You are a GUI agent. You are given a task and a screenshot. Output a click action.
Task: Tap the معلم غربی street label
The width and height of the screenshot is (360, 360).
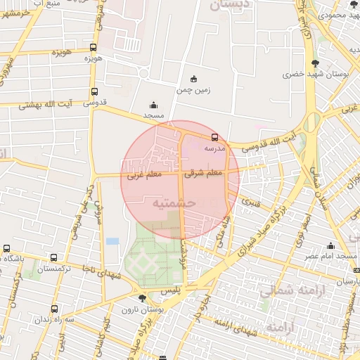[x=143, y=175]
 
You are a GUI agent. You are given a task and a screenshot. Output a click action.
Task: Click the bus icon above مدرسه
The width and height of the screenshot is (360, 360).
[x=214, y=137]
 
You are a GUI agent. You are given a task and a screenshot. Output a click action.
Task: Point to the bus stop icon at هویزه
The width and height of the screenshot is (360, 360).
[x=94, y=47]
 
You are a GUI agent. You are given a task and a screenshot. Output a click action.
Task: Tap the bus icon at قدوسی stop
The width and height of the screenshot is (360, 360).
[x=94, y=91]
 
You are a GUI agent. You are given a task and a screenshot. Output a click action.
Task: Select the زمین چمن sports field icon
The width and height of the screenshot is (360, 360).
[x=194, y=79]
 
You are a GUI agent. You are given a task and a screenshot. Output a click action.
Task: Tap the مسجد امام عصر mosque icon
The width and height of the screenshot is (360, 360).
[x=330, y=245]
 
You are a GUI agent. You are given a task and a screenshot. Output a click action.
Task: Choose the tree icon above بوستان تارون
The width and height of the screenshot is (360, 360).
[x=142, y=299]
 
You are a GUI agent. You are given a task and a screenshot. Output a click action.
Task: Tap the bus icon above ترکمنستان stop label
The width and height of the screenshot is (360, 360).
[x=52, y=258]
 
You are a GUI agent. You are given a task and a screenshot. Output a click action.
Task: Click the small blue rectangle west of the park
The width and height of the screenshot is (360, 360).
[x=112, y=241]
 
